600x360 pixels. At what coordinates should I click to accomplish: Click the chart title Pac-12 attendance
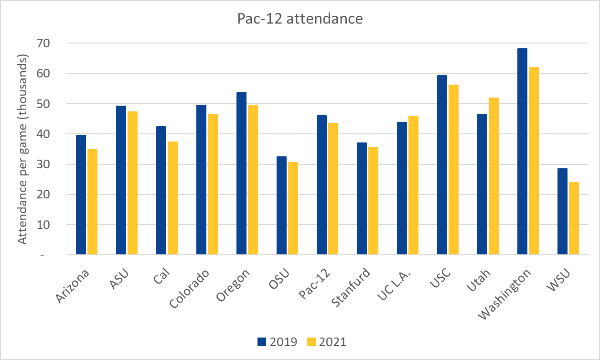click(300, 19)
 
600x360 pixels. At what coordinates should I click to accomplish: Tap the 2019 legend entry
click(277, 342)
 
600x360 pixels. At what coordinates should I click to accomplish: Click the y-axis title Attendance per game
click(22, 148)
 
